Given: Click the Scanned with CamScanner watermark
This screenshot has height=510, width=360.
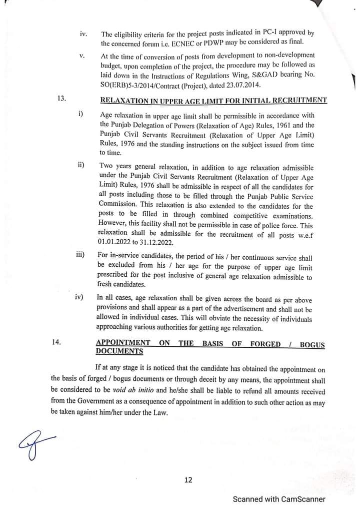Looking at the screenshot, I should click(279, 499).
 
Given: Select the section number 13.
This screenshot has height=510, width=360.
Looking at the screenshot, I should click(62, 99).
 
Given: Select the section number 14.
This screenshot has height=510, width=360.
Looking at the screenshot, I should click(56, 342).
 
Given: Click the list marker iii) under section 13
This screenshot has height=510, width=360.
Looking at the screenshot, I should click(79, 255).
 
